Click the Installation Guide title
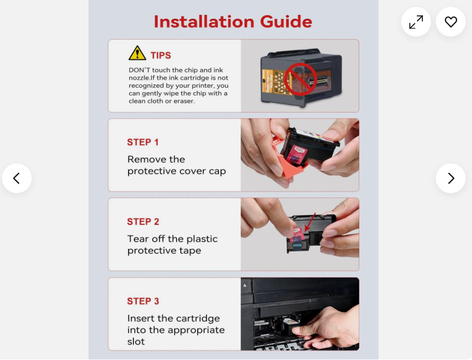coord(233,22)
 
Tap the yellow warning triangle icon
coord(137,53)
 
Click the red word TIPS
coord(161,55)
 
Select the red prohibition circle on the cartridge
coord(300,80)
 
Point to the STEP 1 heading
coord(143,142)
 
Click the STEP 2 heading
coord(143,222)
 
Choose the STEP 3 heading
coord(143,301)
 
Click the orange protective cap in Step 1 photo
coord(290,162)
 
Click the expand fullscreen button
coord(416,22)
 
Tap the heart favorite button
coord(451,22)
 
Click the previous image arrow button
coord(17,178)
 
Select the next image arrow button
coord(451,178)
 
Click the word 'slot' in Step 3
coord(136,342)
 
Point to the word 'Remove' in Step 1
coord(145,159)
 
